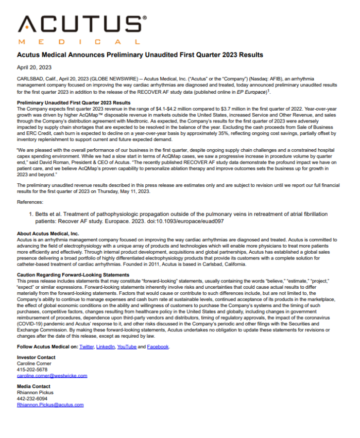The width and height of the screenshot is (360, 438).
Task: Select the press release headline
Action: pyautogui.click(x=140, y=55)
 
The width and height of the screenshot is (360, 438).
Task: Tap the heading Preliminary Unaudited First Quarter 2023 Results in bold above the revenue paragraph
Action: pyautogui.click(x=74, y=103)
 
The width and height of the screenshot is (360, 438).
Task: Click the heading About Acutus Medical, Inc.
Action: pyautogui.click(x=48, y=234)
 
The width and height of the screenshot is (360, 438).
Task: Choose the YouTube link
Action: pyautogui.click(x=127, y=347)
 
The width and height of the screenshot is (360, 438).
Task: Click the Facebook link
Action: pyautogui.click(x=158, y=347)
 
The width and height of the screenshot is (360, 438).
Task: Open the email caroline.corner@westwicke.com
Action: pyautogui.click(x=52, y=376)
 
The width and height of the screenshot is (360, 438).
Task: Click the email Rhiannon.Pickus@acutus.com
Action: pyautogui.click(x=50, y=405)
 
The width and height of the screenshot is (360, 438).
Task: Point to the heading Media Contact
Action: pyautogui.click(x=33, y=387)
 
